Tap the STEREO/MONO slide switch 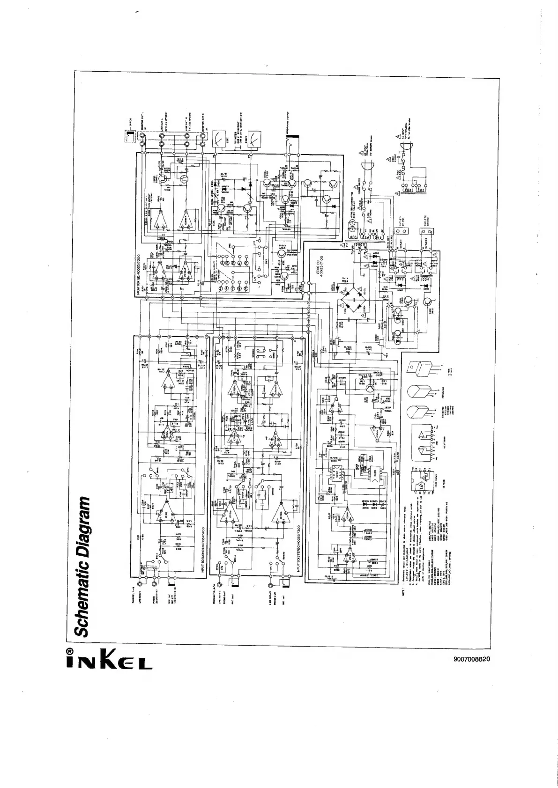(x=260, y=353)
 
